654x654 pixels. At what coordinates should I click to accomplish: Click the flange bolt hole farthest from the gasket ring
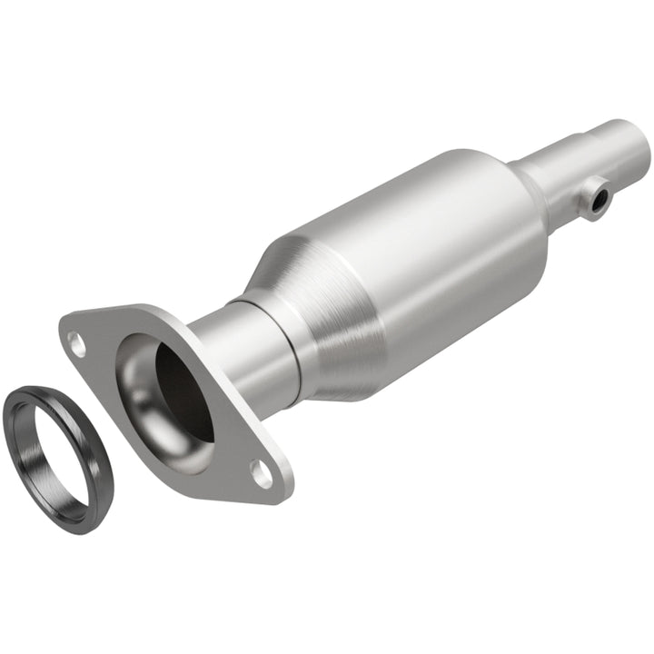262,471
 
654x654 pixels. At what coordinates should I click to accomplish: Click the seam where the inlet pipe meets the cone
289,345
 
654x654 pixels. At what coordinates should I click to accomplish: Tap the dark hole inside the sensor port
596,199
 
